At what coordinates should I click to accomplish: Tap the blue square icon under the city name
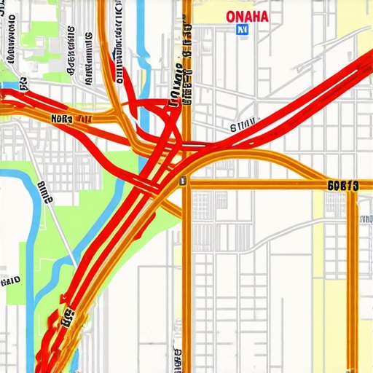[x=241, y=30]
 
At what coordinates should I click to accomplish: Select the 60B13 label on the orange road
[x=342, y=186]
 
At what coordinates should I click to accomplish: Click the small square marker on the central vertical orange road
[x=183, y=180]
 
